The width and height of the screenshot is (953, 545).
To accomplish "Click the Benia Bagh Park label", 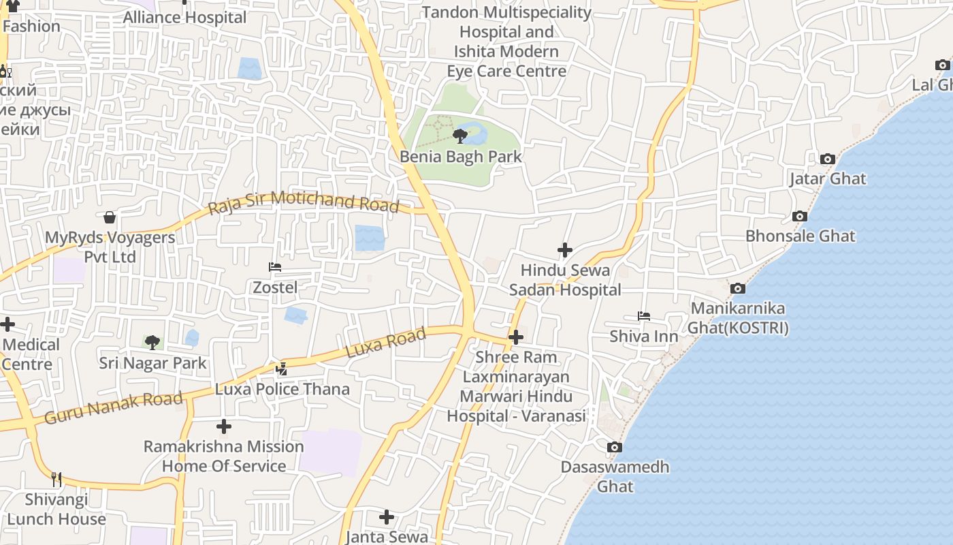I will click(x=460, y=157).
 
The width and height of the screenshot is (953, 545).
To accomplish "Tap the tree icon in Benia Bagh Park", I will click(x=460, y=136).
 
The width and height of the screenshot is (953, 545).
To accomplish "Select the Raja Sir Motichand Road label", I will click(x=303, y=202).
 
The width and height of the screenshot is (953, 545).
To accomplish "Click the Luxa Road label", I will click(x=386, y=343).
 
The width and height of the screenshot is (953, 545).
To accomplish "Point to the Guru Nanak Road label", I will click(x=114, y=407).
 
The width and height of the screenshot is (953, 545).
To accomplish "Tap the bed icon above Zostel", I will click(x=275, y=267).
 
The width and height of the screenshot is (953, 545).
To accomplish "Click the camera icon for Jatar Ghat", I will click(x=828, y=159).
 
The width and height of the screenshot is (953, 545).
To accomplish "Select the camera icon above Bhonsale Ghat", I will click(x=800, y=217).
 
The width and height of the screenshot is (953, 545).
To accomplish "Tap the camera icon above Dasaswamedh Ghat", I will click(x=614, y=448).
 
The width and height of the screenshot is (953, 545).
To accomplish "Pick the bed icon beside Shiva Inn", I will click(x=644, y=316).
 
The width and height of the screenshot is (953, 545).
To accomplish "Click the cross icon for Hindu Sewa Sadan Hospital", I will click(x=565, y=250).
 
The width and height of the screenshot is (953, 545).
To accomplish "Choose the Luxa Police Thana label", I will click(x=282, y=390).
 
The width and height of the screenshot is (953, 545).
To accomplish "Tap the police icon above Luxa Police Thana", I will click(x=281, y=369).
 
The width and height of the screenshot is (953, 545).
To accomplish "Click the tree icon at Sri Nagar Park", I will click(x=152, y=342).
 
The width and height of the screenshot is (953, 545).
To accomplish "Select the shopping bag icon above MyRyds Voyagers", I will click(x=110, y=217).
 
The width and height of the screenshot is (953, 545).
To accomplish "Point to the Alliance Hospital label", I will click(x=184, y=18).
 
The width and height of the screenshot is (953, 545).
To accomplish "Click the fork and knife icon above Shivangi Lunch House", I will click(x=56, y=480).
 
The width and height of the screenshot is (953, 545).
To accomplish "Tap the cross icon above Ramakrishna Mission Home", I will click(x=224, y=427).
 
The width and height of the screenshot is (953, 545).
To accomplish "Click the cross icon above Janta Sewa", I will click(x=387, y=517).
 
